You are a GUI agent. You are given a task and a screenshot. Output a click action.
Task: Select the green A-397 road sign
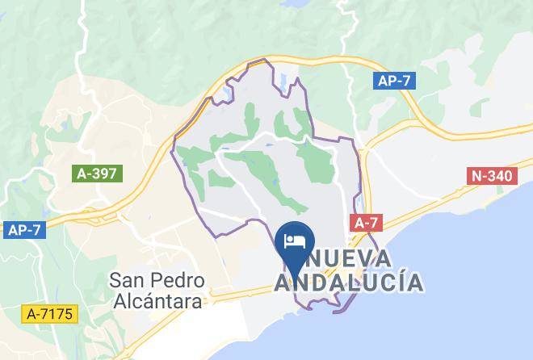click(97, 173)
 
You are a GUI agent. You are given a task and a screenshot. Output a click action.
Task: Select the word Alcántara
click(157, 301)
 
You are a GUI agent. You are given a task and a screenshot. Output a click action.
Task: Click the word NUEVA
click(348, 259)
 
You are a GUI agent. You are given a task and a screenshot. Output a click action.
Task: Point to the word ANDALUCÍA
click(349, 283)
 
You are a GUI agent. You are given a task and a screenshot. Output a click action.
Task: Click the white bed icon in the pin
click(292, 241)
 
